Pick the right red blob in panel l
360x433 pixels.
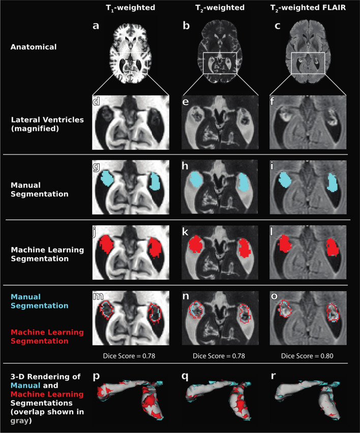point(333,247)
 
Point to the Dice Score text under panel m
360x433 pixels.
point(130,356)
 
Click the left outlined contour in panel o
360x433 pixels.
point(286,307)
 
